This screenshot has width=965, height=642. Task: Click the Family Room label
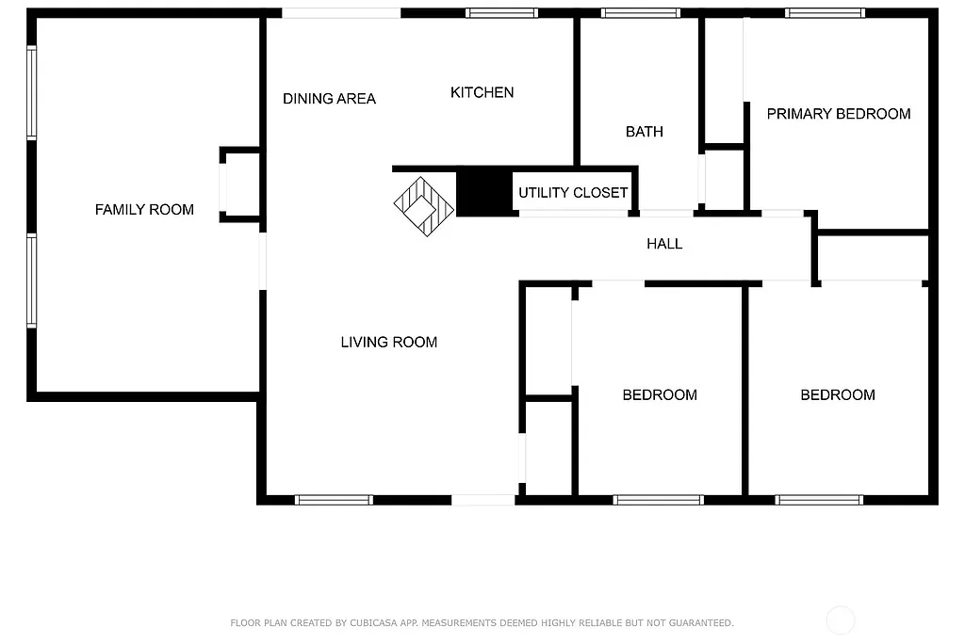[144, 210]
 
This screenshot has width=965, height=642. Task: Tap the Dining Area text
[329, 99]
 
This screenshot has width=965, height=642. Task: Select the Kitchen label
[482, 92]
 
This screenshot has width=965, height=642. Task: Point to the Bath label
[644, 132]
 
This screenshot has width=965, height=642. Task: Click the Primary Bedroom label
[838, 114]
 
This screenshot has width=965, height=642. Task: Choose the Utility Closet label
[572, 193]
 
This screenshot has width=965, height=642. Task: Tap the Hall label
[663, 244]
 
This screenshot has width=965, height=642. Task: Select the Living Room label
[388, 343]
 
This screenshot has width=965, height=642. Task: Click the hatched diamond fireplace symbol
[423, 205]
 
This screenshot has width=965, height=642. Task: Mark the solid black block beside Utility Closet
[483, 192]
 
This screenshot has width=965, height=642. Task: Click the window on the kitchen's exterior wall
[501, 13]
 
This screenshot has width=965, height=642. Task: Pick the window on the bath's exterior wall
[640, 13]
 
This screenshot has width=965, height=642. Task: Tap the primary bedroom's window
[825, 13]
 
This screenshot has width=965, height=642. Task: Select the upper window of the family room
[32, 93]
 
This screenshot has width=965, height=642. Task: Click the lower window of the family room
[32, 281]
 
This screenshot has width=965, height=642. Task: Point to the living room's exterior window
[334, 500]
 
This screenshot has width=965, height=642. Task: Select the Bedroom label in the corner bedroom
[837, 395]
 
